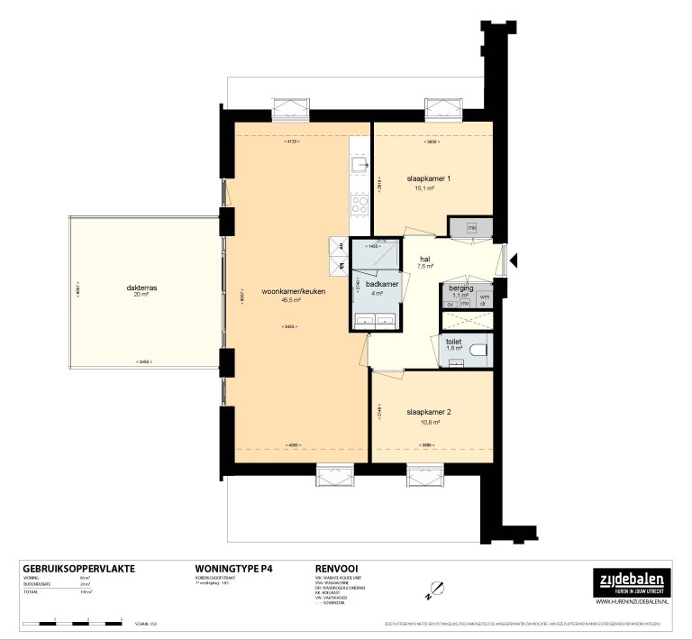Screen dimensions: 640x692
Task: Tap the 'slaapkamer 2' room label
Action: [x=428, y=411]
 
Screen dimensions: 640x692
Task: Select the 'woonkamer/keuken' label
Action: [x=294, y=292]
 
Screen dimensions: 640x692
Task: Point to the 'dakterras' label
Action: [x=143, y=288]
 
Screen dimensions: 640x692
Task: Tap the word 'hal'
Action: [x=424, y=259]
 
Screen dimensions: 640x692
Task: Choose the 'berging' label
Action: [x=461, y=288]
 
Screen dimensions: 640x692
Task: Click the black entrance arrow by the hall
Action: [x=514, y=261]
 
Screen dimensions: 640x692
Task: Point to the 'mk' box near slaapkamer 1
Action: [x=471, y=227]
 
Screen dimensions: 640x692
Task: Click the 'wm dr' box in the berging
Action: [x=484, y=300]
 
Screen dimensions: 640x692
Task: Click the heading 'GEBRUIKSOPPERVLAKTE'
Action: [x=77, y=569]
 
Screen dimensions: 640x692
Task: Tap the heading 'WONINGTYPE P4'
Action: [x=233, y=569]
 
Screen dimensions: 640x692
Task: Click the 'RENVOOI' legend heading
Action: [x=337, y=569]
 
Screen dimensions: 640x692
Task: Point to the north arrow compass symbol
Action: [x=432, y=590]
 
